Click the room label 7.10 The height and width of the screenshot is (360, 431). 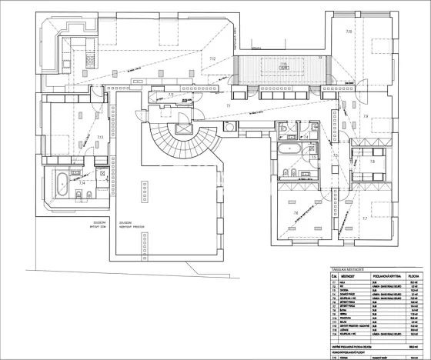[x=349, y=32]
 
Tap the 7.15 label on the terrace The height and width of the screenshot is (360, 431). [x=282, y=65]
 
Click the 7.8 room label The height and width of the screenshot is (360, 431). [x=366, y=117]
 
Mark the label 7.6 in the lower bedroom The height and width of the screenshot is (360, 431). [x=296, y=213]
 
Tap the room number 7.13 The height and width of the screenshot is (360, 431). [x=99, y=136]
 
